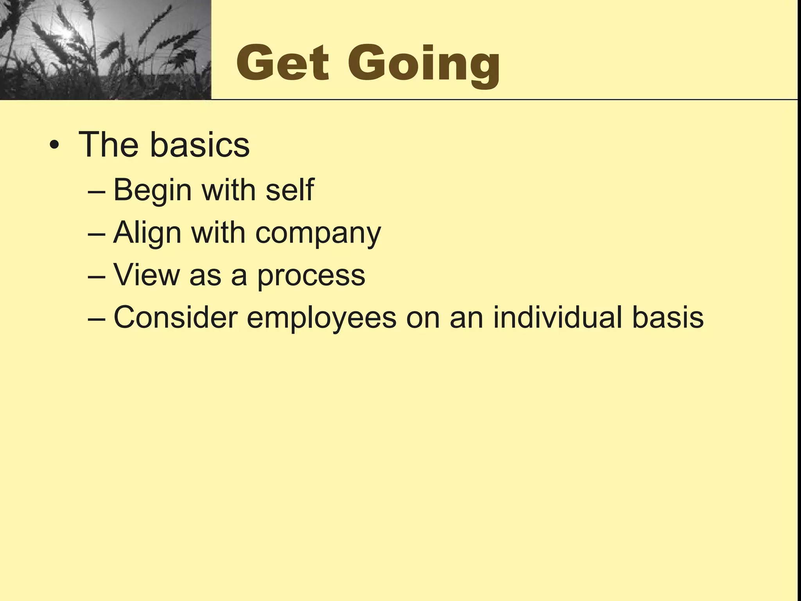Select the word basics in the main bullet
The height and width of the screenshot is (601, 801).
point(199,144)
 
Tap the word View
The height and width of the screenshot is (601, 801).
point(146,275)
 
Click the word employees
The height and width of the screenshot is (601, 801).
point(321,319)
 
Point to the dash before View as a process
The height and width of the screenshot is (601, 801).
point(97,276)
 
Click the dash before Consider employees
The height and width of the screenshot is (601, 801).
point(97,318)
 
